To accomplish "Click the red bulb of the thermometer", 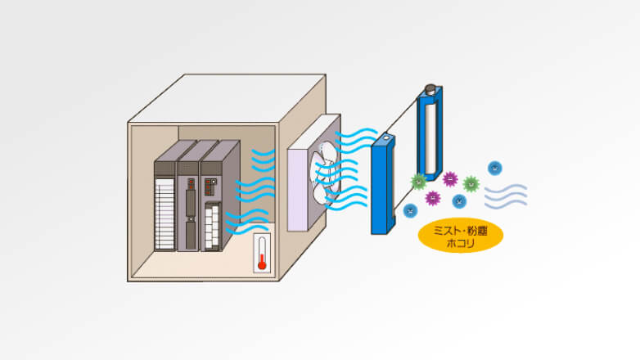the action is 262,266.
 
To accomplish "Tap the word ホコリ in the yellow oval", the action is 461,243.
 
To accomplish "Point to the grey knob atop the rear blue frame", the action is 430,88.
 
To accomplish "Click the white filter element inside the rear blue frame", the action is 430,138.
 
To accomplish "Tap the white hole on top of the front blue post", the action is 385,138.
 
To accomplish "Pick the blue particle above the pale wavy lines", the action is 494,169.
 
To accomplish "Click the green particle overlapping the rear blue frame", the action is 418,181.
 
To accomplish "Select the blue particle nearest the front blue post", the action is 410,210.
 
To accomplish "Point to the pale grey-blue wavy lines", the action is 506,196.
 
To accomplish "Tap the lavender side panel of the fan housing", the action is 298,190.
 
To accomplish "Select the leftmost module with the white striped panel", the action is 165,206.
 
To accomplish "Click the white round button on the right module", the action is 214,181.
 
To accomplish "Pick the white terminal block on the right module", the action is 212,226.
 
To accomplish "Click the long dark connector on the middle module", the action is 191,203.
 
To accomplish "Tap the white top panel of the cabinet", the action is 227,98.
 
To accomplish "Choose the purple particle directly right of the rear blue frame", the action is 450,179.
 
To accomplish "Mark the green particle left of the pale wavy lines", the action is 471,184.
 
